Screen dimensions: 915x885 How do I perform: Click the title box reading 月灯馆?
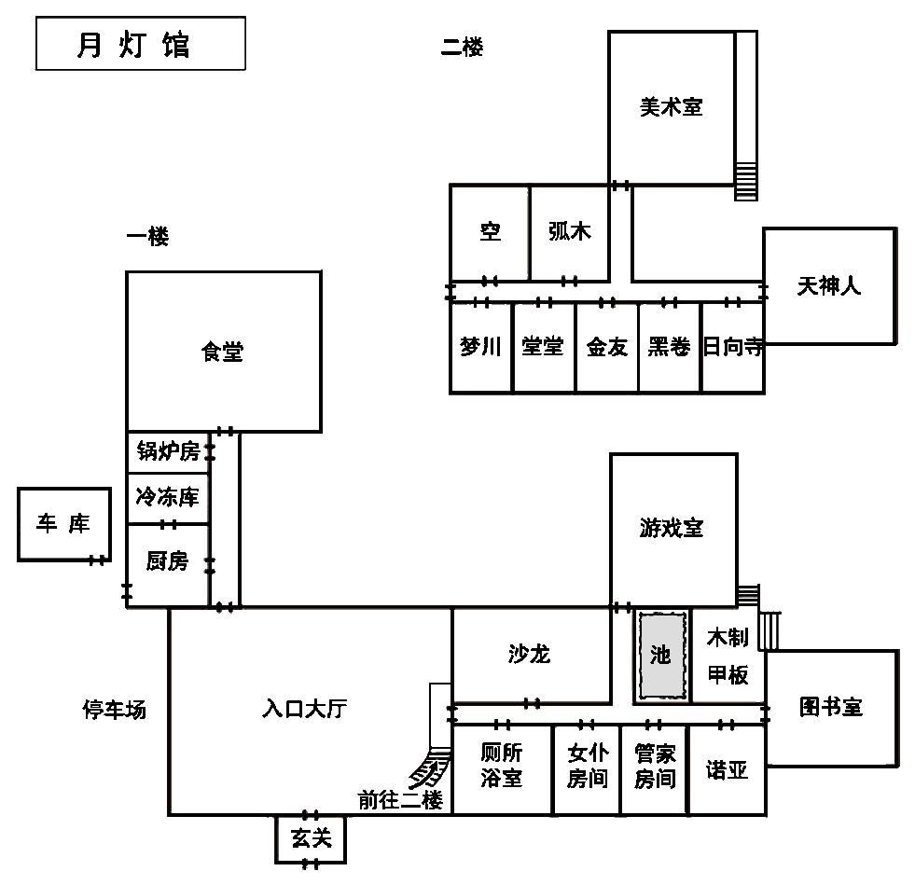[x=141, y=44]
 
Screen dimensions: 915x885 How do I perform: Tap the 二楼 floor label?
[x=462, y=47]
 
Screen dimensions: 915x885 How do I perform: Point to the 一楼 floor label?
[x=147, y=236]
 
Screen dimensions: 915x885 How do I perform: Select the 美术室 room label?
[x=671, y=106]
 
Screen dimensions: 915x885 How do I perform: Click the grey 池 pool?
[x=661, y=655]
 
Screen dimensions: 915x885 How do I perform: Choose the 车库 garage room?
[x=64, y=524]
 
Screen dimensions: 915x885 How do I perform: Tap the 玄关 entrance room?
[x=311, y=839]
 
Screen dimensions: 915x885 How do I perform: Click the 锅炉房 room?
[x=168, y=452]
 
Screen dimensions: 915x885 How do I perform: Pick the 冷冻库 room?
[x=168, y=498]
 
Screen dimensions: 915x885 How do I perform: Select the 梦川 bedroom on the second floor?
[x=481, y=347]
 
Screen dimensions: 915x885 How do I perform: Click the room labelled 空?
[x=490, y=233]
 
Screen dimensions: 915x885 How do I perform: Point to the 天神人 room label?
[x=828, y=286]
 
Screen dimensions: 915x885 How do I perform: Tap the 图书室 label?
[x=830, y=707]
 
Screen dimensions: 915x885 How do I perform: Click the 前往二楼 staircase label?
[x=400, y=800]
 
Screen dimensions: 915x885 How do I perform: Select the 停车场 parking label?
[x=115, y=710]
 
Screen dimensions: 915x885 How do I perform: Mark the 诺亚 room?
[x=728, y=769]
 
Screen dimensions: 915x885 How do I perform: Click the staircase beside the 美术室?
[x=746, y=116]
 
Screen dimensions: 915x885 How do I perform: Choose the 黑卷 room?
[x=670, y=347]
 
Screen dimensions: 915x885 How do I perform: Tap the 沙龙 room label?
[x=529, y=654]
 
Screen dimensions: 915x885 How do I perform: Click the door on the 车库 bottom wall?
[x=97, y=560]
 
